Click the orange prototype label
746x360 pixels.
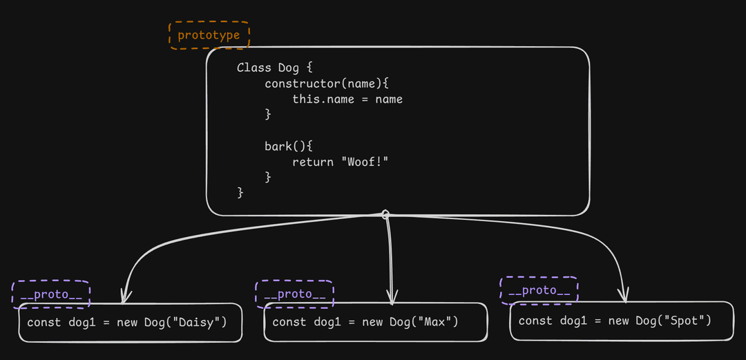tap(209, 35)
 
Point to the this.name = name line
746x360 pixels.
tap(347, 99)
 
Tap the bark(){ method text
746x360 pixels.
tap(289, 146)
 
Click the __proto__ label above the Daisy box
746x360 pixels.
tap(51, 294)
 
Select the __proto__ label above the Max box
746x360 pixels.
tap(295, 294)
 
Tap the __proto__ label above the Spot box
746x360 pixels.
tap(539, 290)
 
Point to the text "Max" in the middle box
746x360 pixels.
tap(435, 322)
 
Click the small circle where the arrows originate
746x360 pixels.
tap(386, 214)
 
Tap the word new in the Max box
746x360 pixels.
tap(372, 322)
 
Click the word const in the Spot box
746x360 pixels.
tap(535, 321)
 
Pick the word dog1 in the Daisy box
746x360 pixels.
tap(82, 323)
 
